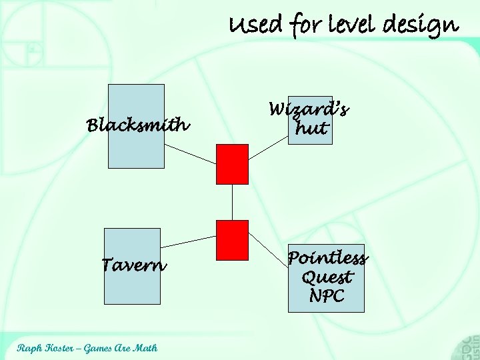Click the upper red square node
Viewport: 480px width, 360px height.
point(232,164)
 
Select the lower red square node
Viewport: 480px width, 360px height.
point(232,239)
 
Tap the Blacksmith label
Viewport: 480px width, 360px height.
point(138,125)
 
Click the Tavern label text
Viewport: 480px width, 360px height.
point(133,265)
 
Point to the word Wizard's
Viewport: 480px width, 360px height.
point(309,109)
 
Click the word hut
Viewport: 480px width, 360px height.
point(311,128)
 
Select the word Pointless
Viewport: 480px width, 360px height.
point(327,258)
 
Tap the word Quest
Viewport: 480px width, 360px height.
point(327,277)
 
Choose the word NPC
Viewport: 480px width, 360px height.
point(327,295)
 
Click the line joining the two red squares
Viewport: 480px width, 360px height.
point(232,202)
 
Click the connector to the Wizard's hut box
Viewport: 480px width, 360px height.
point(267,149)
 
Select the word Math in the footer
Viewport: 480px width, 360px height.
point(145,348)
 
